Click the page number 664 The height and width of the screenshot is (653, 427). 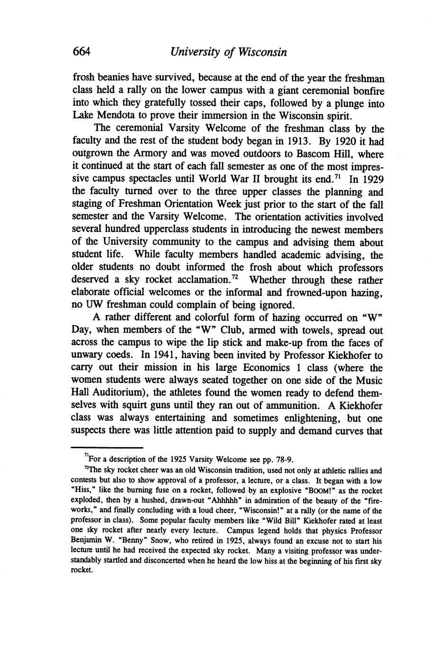pos(81,52)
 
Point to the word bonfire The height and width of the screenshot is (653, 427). pos(366,90)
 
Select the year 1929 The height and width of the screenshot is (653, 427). pos(372,180)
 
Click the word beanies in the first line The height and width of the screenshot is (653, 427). pos(112,78)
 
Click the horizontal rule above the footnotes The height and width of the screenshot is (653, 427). pos(107,447)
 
